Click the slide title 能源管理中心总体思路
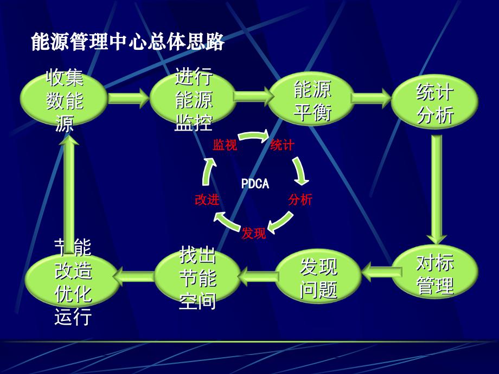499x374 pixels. [127, 42]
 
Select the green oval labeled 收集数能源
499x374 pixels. [63, 99]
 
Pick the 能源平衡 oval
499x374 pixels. [311, 99]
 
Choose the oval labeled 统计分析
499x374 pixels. [434, 102]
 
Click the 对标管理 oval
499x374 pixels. [435, 272]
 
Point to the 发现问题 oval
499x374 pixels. [318, 276]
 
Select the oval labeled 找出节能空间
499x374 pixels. [197, 276]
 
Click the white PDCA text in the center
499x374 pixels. [255, 184]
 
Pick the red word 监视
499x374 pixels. [225, 145]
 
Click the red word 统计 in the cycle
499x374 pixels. [282, 145]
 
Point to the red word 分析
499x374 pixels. [300, 199]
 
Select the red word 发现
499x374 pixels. [254, 233]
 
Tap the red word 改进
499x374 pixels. [207, 199]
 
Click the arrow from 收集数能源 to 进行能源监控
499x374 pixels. [129, 98]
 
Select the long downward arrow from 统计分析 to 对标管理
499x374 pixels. [437, 190]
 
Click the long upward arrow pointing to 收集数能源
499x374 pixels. [69, 194]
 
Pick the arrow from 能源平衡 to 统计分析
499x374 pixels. [372, 98]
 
